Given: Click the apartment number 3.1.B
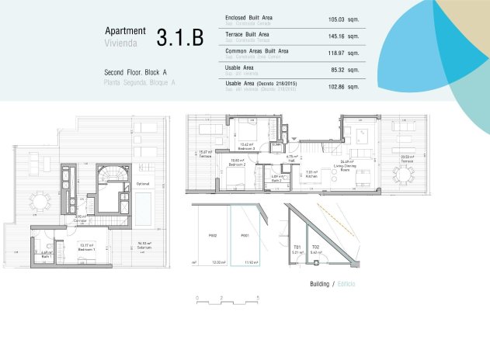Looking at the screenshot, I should click(x=179, y=36).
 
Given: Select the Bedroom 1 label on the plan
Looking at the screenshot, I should click(x=88, y=249).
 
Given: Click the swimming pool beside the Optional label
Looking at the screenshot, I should click(x=145, y=204).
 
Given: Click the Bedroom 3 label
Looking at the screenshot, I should click(x=248, y=147).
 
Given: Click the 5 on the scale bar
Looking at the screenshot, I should click(x=256, y=297).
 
